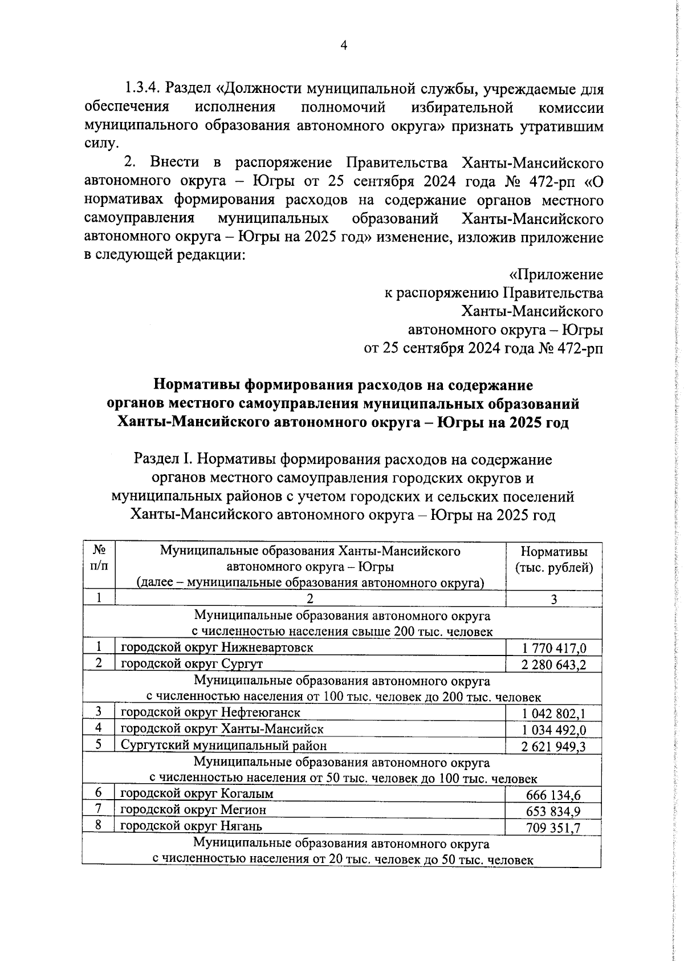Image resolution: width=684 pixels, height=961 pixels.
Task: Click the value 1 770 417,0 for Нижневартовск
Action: point(553,648)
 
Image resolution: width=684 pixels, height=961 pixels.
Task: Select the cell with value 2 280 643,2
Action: point(553,665)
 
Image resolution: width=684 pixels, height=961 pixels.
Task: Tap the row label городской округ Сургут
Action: point(192,664)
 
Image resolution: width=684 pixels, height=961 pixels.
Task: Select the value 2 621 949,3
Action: point(553,747)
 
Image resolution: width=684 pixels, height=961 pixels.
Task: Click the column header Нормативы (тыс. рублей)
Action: point(554,560)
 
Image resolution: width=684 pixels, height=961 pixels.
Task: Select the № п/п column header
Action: point(99,559)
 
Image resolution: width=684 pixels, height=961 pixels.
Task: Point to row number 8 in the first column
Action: point(99,825)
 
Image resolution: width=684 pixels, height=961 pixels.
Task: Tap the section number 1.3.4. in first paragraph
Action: point(144,89)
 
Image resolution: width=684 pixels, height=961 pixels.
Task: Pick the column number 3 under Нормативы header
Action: point(553,599)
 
